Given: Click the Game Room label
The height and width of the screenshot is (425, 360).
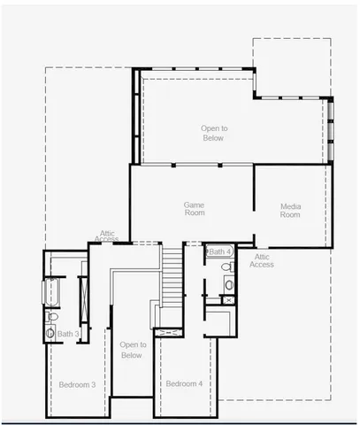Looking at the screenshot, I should click(x=195, y=208).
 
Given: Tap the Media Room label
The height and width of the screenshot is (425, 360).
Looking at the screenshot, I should click(x=290, y=210).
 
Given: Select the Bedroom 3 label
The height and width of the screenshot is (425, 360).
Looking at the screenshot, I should click(x=77, y=384).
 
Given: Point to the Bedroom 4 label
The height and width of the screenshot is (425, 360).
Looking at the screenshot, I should click(x=184, y=383).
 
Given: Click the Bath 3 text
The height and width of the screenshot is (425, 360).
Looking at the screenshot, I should click(x=69, y=334).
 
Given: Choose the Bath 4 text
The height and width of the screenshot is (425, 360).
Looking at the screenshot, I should click(x=220, y=252).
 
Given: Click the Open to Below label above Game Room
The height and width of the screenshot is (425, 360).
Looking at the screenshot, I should click(x=212, y=133).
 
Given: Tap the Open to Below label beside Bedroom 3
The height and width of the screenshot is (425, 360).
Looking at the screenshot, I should click(x=131, y=350).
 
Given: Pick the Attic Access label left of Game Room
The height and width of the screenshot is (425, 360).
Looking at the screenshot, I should click(x=107, y=236).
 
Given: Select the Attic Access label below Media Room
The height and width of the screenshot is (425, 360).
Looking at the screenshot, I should click(x=261, y=260).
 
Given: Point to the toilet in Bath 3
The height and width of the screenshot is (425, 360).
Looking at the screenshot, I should click(x=52, y=318).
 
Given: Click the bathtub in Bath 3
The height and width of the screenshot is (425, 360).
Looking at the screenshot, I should click(x=51, y=293).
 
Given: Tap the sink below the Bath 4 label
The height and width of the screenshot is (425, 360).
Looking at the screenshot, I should click(x=228, y=284).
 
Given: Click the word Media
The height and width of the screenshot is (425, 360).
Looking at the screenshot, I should click(x=290, y=205).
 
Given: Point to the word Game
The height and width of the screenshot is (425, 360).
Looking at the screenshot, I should click(x=195, y=204).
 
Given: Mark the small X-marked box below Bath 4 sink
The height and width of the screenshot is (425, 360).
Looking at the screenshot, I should click(x=228, y=301).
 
